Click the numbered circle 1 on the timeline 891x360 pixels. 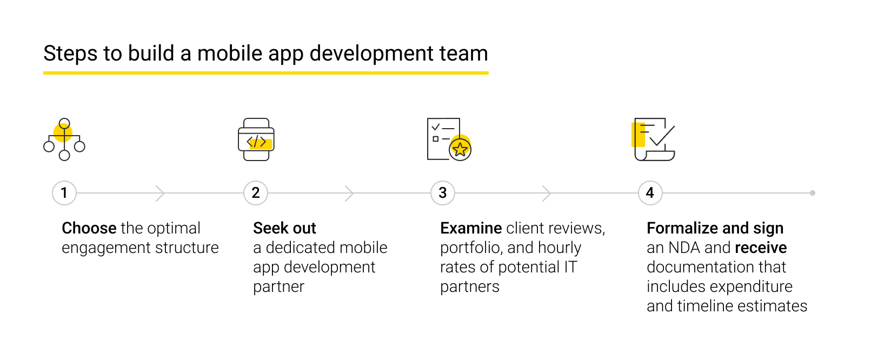64,193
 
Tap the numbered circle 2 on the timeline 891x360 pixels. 256,193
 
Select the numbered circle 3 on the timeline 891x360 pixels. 443,193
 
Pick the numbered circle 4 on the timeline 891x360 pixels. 650,193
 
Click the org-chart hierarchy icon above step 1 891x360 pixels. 64,139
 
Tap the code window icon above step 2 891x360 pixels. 256,139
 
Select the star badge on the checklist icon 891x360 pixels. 460,149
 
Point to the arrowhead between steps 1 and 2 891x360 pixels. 160,193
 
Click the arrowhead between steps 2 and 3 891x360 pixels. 349,193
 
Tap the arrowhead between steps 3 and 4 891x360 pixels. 547,193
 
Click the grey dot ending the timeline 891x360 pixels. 813,193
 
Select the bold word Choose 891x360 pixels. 89,228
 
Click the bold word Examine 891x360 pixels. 471,228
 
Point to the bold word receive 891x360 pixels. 761,248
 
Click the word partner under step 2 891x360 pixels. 278,286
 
